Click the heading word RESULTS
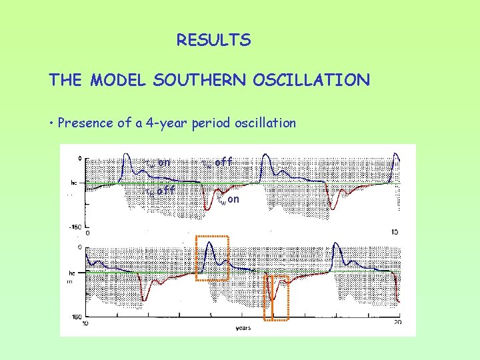[213, 41]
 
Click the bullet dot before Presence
[51, 123]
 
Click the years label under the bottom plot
[243, 328]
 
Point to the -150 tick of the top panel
[75, 227]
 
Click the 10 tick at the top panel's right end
[395, 232]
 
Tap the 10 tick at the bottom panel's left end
[85, 323]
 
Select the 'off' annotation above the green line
[224, 162]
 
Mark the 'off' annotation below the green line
[165, 191]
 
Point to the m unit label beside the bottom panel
[69, 282]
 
